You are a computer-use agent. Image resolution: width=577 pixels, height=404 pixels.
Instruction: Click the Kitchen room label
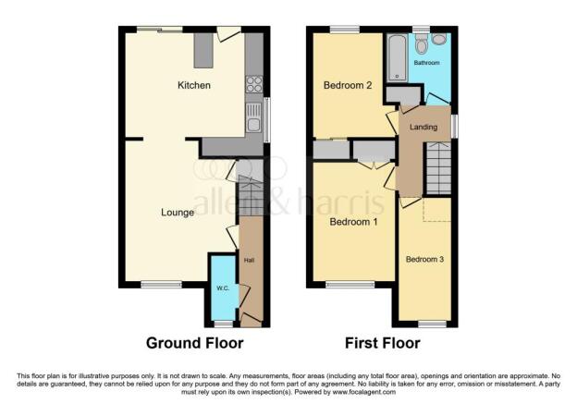click(x=194, y=85)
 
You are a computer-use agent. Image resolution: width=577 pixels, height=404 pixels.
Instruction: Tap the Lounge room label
click(x=178, y=213)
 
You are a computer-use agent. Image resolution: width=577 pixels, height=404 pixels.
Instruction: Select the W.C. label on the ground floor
click(x=223, y=288)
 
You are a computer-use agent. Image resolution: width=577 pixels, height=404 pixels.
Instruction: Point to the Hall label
click(x=249, y=261)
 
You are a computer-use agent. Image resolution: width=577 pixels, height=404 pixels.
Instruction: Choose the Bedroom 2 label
click(x=347, y=86)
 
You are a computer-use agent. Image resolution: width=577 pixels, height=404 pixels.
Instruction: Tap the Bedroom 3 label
click(x=425, y=260)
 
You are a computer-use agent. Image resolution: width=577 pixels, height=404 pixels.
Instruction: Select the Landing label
click(x=424, y=127)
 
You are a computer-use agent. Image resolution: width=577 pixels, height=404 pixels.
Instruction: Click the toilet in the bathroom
click(x=423, y=43)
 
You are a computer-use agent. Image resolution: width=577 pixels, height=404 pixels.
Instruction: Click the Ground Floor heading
click(x=195, y=343)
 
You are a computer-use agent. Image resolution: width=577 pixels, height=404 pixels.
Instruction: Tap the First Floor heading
click(x=383, y=343)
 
